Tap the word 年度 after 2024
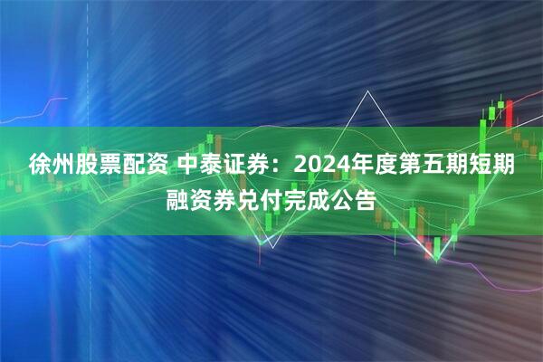[368, 167]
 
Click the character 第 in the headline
[414, 167]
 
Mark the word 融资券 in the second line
[202, 198]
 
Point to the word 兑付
[262, 198]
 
